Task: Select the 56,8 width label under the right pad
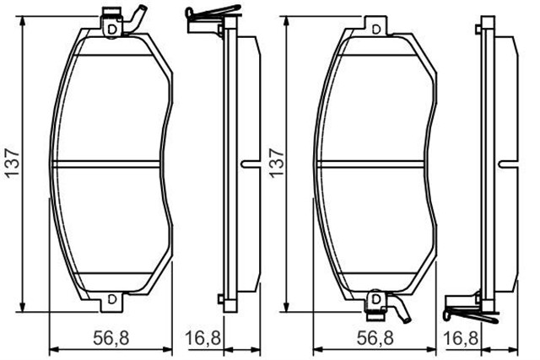(x=373, y=339)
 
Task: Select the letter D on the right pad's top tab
(x=374, y=29)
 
